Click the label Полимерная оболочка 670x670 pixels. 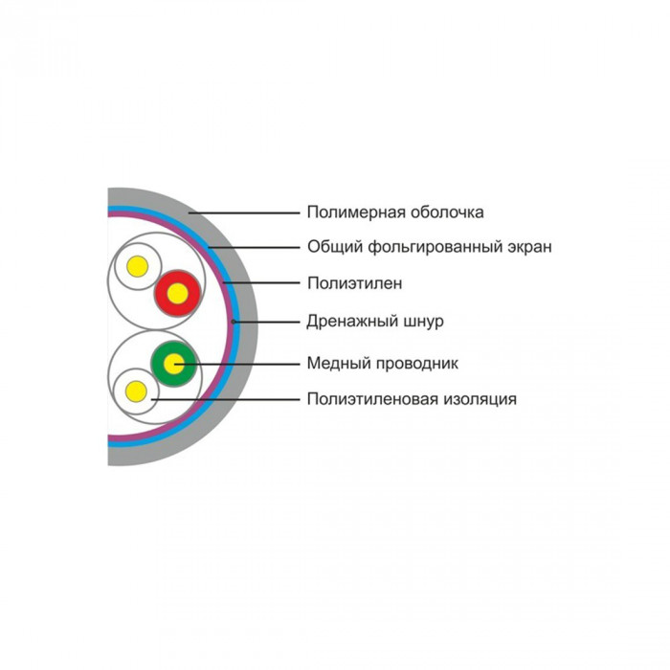[x=395, y=212]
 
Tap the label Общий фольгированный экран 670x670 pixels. [x=430, y=247]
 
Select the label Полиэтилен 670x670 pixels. [x=355, y=283]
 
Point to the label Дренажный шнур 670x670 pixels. [x=375, y=321]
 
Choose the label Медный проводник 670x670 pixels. [x=383, y=364]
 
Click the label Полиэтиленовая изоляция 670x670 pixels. [x=412, y=399]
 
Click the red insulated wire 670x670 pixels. [x=177, y=293]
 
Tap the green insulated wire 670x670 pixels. [x=174, y=364]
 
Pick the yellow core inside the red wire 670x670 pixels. [x=177, y=294]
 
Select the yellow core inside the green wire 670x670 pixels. [x=174, y=365]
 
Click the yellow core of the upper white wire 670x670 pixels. [x=138, y=267]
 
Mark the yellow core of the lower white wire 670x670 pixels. [x=136, y=391]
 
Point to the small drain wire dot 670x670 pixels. [x=233, y=322]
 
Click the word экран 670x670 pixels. [x=530, y=248]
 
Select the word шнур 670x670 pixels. [x=424, y=322]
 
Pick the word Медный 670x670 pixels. [x=333, y=364]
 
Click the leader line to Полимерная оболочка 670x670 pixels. [x=244, y=212]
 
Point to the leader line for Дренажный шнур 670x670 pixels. [x=267, y=322]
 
